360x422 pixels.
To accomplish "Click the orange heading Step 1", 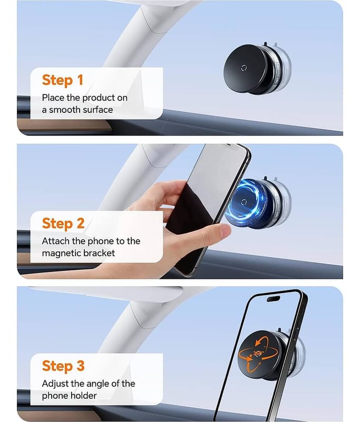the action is point(63,80).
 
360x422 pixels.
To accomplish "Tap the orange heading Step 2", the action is point(63,223).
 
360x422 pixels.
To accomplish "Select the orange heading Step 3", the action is point(63,366).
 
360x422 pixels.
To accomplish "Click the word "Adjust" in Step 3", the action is point(55,384).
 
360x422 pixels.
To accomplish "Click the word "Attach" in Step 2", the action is point(56,241).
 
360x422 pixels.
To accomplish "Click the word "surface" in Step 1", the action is point(98,110).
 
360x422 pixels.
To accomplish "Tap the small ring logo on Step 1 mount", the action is point(244,68).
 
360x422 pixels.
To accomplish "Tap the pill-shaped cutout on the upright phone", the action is point(274,299).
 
